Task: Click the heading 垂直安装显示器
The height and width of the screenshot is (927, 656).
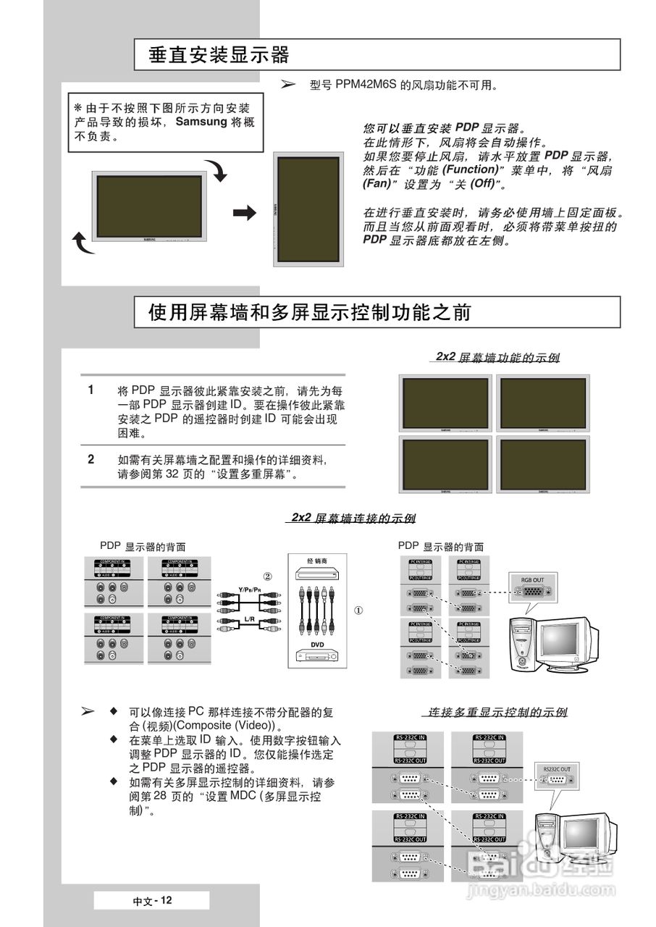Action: (x=219, y=55)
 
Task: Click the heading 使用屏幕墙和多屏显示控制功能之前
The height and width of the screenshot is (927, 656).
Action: (x=310, y=312)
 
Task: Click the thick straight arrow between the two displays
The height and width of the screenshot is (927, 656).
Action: (x=245, y=212)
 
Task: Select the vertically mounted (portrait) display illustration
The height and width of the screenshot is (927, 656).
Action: (x=306, y=208)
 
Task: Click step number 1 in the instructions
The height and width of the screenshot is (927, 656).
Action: (x=91, y=390)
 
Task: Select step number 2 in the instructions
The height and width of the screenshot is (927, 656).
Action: (x=91, y=459)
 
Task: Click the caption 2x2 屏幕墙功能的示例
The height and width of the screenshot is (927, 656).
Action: (x=497, y=357)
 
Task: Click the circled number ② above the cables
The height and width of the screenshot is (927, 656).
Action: (x=267, y=576)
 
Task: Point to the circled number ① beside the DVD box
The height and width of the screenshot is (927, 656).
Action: (x=358, y=610)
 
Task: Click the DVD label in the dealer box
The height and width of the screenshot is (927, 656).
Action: (x=317, y=644)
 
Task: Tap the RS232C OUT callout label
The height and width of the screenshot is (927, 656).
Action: (x=556, y=768)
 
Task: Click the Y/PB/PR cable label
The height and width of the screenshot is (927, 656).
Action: (x=250, y=590)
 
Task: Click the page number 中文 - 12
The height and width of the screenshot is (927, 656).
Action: (x=152, y=900)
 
